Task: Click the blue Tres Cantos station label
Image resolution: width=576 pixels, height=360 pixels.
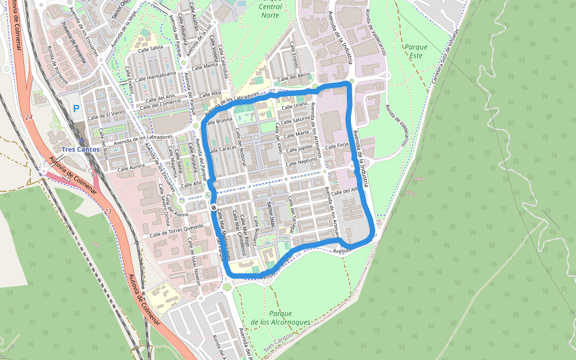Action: point(80,149)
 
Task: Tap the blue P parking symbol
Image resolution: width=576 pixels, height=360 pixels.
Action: point(76,109)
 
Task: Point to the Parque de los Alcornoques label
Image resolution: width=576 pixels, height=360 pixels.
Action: point(281,318)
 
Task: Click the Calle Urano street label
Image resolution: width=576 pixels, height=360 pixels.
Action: point(294,106)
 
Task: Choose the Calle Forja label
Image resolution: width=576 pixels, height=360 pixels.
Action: point(337,146)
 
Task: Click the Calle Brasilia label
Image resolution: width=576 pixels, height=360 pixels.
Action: point(220,120)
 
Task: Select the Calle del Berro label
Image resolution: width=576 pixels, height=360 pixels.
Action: point(294,77)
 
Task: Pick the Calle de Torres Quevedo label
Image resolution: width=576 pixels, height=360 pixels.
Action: point(177,230)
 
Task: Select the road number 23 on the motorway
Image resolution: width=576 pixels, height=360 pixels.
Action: point(107,211)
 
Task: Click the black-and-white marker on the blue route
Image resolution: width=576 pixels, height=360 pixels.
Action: point(214,207)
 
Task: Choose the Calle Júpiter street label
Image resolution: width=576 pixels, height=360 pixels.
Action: point(300,148)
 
